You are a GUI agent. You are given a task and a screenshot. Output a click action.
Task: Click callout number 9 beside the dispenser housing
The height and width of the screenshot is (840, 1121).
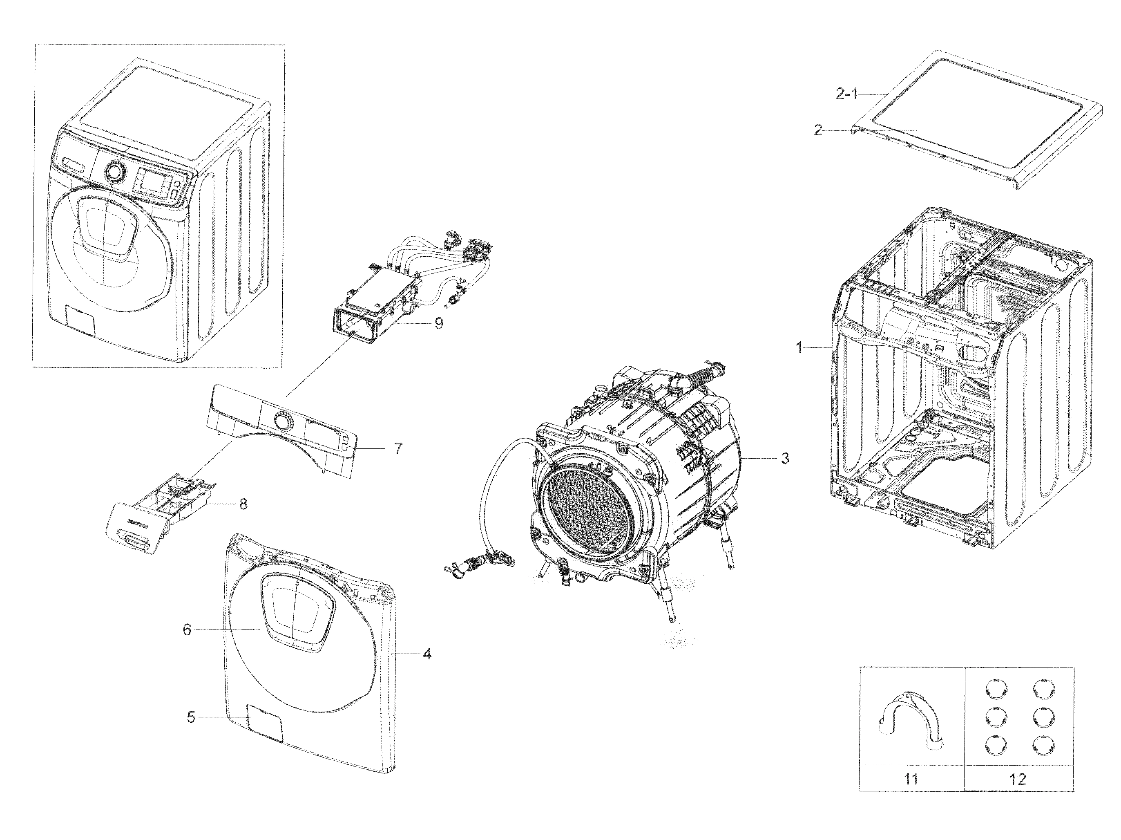click(x=438, y=323)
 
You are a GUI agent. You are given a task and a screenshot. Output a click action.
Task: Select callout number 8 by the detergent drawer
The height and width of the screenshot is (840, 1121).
click(x=243, y=504)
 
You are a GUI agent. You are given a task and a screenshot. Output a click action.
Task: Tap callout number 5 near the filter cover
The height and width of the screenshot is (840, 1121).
click(x=191, y=717)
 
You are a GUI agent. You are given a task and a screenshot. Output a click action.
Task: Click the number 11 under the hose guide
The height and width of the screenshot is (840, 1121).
click(x=911, y=779)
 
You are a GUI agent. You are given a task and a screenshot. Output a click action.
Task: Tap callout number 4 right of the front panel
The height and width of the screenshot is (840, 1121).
click(x=427, y=654)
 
